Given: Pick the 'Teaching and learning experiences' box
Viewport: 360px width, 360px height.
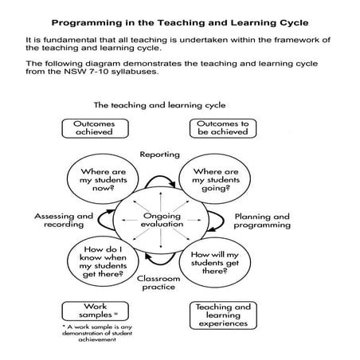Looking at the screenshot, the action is [x=221, y=316].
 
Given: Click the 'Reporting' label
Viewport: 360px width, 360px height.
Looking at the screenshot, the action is [x=159, y=154].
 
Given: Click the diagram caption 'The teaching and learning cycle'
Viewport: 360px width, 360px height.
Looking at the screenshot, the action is [x=159, y=104].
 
